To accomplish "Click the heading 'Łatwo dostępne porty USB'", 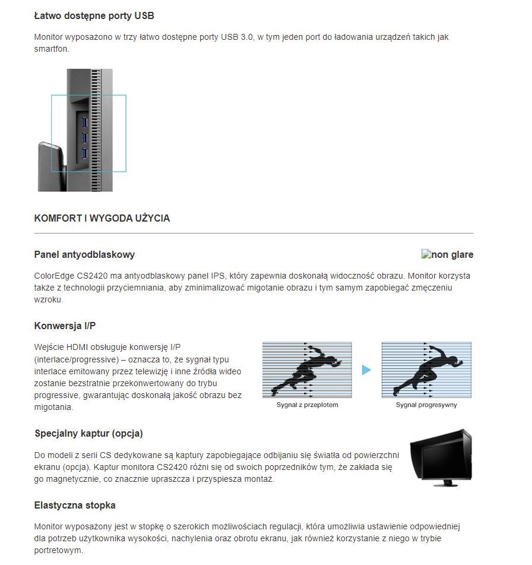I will [94, 15].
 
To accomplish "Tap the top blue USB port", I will [84, 123].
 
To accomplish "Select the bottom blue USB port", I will [84, 154].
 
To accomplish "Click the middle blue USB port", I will [84, 138].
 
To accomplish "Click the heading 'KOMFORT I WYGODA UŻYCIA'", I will [102, 218].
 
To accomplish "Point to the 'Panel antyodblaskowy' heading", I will [84, 254].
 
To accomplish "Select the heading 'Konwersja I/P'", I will [65, 326].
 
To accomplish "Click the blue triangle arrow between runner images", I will [366, 370].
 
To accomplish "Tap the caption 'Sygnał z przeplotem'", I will [307, 405].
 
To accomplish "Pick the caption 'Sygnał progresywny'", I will [426, 405].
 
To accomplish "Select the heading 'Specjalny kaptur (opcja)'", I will [88, 433].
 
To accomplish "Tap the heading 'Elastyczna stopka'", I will [75, 505].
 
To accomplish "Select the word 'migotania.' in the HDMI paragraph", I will [53, 407].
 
